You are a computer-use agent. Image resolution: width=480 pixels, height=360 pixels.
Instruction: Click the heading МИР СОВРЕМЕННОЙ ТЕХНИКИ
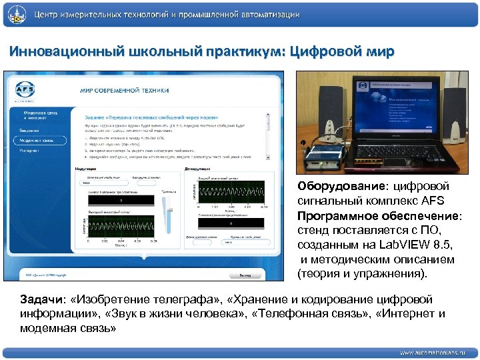[125, 90]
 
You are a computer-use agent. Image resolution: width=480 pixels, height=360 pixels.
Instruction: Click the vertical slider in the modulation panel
[168, 210]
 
